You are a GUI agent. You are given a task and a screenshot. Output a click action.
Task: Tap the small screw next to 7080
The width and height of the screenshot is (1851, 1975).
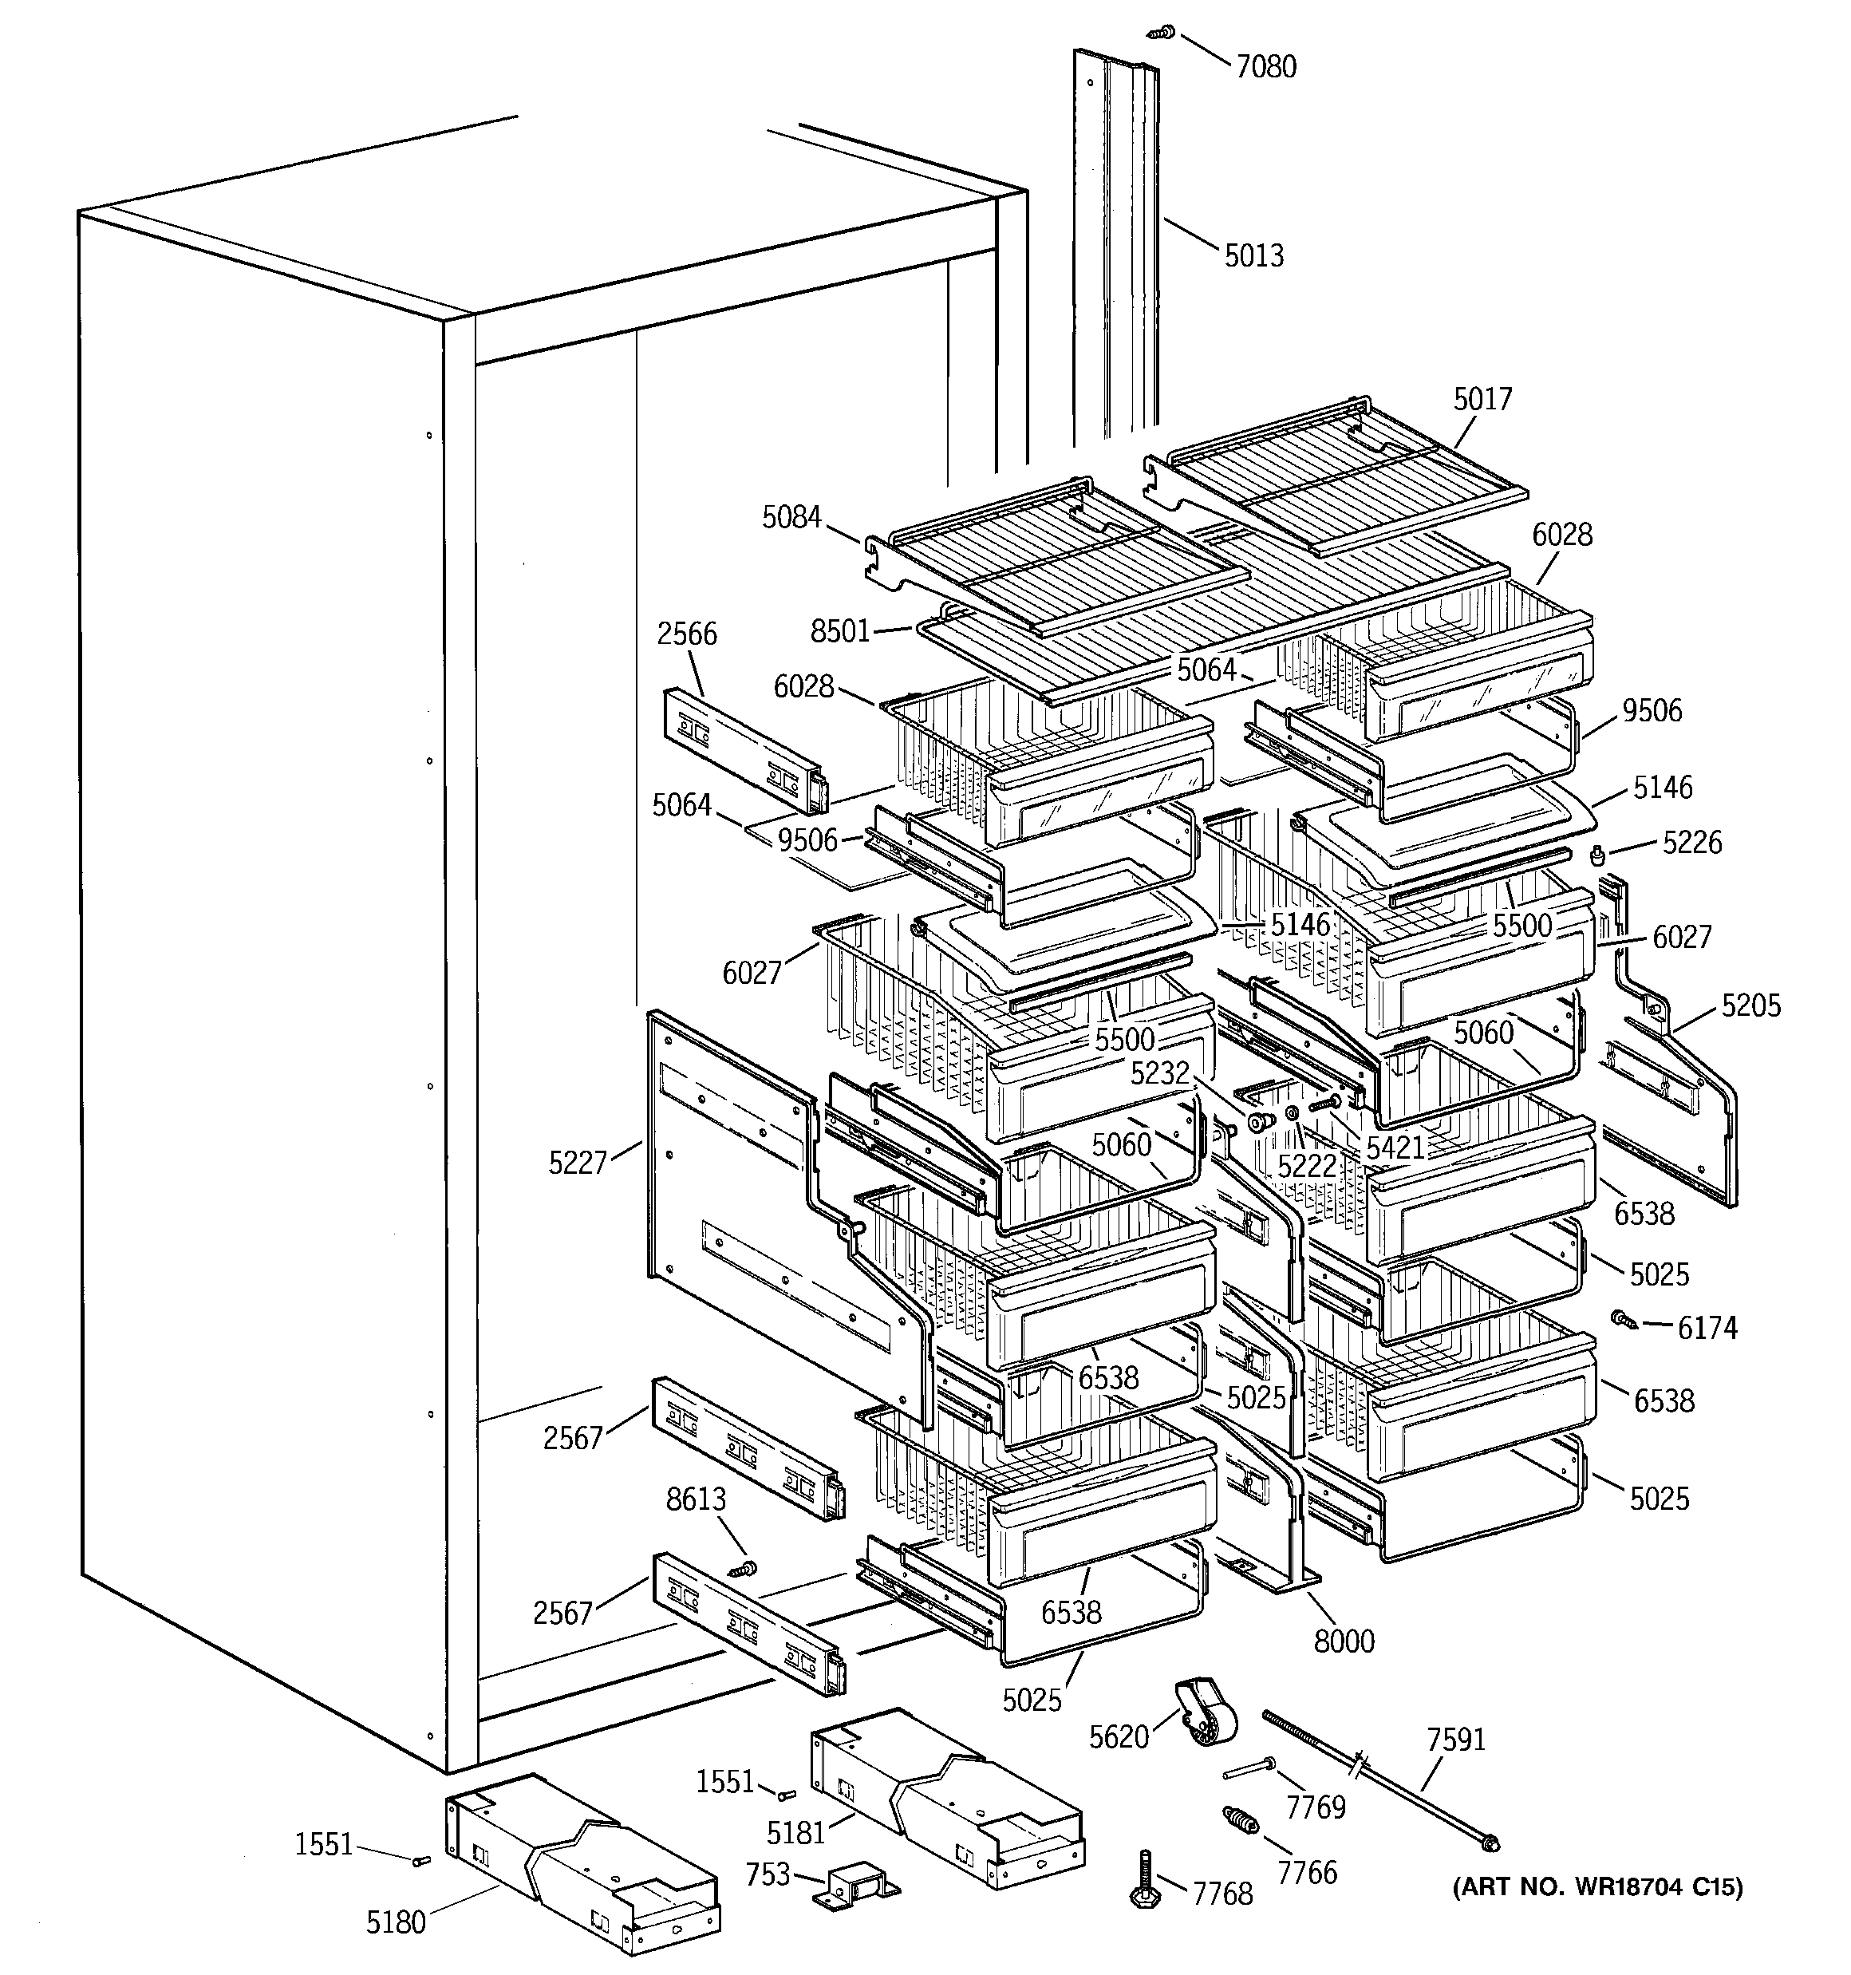pyautogui.click(x=1162, y=33)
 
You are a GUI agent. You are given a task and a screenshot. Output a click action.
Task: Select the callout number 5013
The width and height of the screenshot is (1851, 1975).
pyautogui.click(x=1254, y=256)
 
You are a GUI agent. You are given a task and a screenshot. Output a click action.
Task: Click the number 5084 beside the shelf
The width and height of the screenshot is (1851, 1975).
pyautogui.click(x=792, y=518)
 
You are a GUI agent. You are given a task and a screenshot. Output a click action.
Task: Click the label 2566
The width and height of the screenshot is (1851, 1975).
pyautogui.click(x=687, y=634)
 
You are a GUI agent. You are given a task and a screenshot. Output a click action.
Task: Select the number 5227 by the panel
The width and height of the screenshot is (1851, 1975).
pyautogui.click(x=578, y=1163)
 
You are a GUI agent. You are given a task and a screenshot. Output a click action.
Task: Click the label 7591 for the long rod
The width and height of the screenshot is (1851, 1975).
pyautogui.click(x=1455, y=1740)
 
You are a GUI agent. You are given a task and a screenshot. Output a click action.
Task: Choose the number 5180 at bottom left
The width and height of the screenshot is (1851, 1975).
pyautogui.click(x=396, y=1923)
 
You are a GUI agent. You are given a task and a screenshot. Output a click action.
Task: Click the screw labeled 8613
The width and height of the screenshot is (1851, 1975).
pyautogui.click(x=742, y=1570)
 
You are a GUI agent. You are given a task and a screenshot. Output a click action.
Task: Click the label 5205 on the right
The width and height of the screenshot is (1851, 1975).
pyautogui.click(x=1751, y=1005)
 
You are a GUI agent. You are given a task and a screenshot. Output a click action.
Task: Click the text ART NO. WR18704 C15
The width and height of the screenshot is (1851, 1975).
pyautogui.click(x=1597, y=1886)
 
